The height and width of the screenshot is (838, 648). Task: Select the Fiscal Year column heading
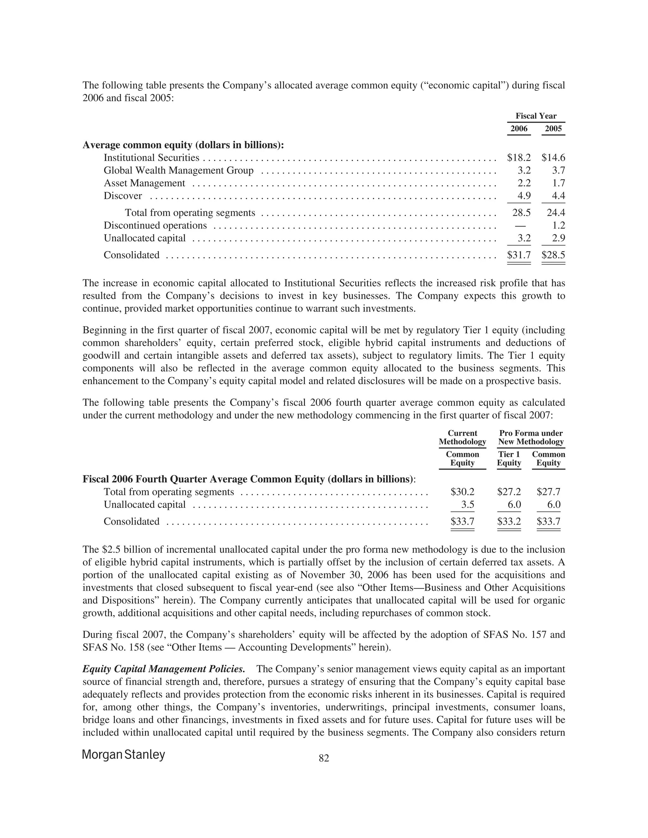pyautogui.click(x=536, y=116)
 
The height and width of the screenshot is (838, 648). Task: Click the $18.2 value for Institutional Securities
pyautogui.click(x=519, y=158)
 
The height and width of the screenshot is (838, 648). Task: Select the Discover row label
pyautogui.click(x=123, y=196)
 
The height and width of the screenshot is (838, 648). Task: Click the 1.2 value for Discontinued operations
pyautogui.click(x=558, y=225)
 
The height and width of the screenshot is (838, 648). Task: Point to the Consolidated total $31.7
pyautogui.click(x=519, y=255)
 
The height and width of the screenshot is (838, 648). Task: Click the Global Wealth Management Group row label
pyautogui.click(x=178, y=170)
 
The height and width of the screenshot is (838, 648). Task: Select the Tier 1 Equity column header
pyautogui.click(x=509, y=459)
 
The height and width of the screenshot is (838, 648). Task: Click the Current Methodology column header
pyautogui.click(x=462, y=437)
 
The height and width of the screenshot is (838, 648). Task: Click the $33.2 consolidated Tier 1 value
pyautogui.click(x=509, y=521)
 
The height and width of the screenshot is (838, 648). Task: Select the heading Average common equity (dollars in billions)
pyautogui.click(x=184, y=145)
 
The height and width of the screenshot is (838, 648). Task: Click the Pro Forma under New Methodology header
pyautogui.click(x=531, y=437)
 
